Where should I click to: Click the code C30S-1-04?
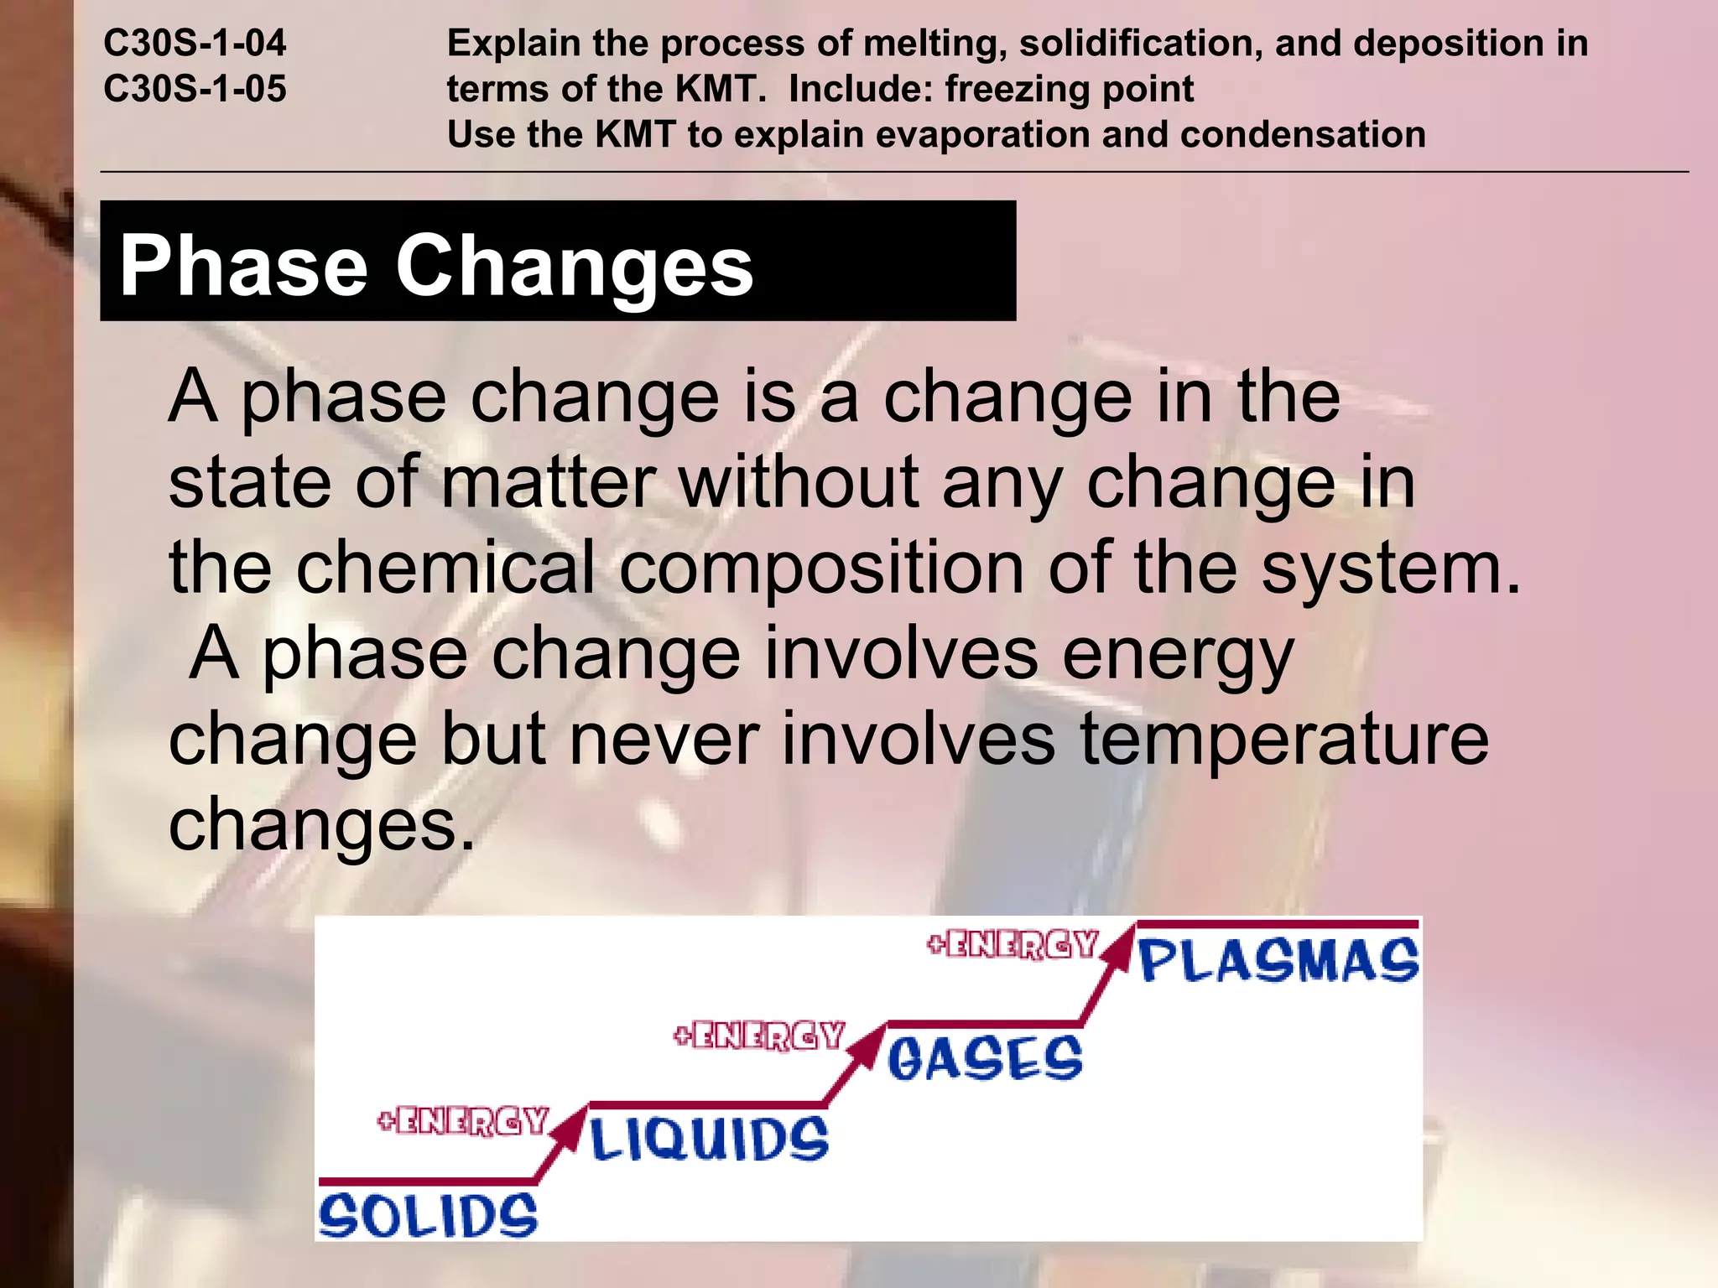pos(195,44)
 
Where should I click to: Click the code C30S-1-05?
pos(195,89)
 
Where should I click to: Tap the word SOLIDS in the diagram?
pos(428,1216)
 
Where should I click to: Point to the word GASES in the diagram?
pos(985,1058)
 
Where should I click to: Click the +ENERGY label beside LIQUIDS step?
pos(463,1121)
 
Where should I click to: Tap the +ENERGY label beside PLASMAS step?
pos(1013,945)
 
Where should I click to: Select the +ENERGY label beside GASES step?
pos(759,1036)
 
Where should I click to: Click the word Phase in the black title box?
pos(244,266)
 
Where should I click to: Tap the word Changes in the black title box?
pos(574,266)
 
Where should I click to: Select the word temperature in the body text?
pos(1283,740)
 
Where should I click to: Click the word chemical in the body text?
pos(445,569)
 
